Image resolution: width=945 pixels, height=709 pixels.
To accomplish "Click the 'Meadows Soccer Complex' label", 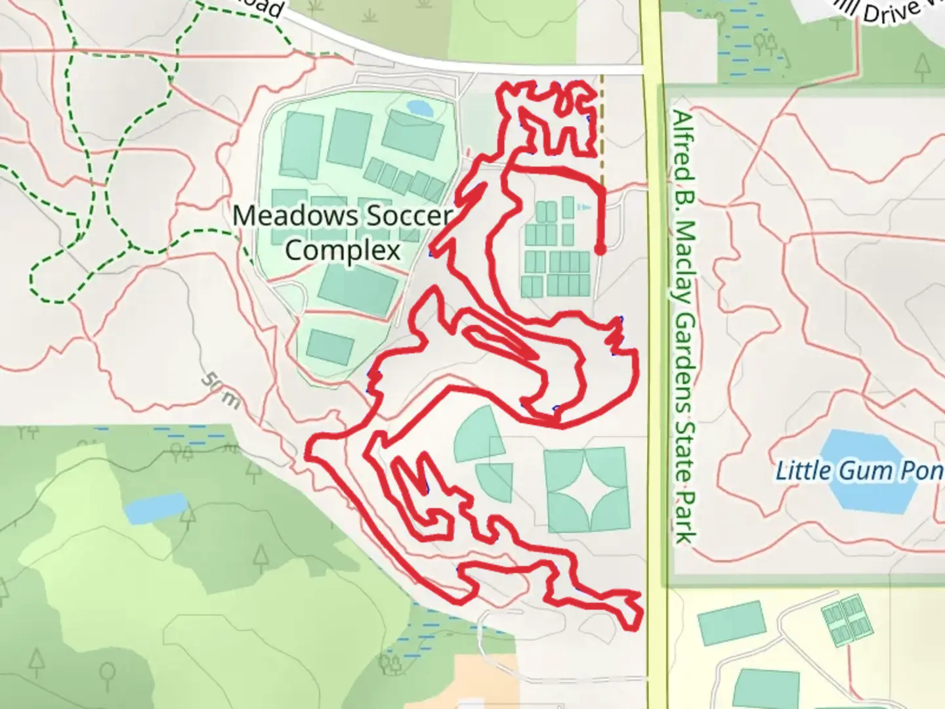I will pos(343,232).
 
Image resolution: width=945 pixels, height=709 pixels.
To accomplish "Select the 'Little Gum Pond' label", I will pos(860,471).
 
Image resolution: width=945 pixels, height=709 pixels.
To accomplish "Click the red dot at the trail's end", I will pos(600,249).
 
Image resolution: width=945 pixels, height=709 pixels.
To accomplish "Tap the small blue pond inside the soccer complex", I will pos(419,108).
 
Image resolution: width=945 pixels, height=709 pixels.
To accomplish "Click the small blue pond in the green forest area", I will pos(156,507).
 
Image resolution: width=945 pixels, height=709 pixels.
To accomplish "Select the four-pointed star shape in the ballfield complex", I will pos(587,489).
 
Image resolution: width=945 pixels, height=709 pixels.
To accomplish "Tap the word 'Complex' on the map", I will pos(343,250).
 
